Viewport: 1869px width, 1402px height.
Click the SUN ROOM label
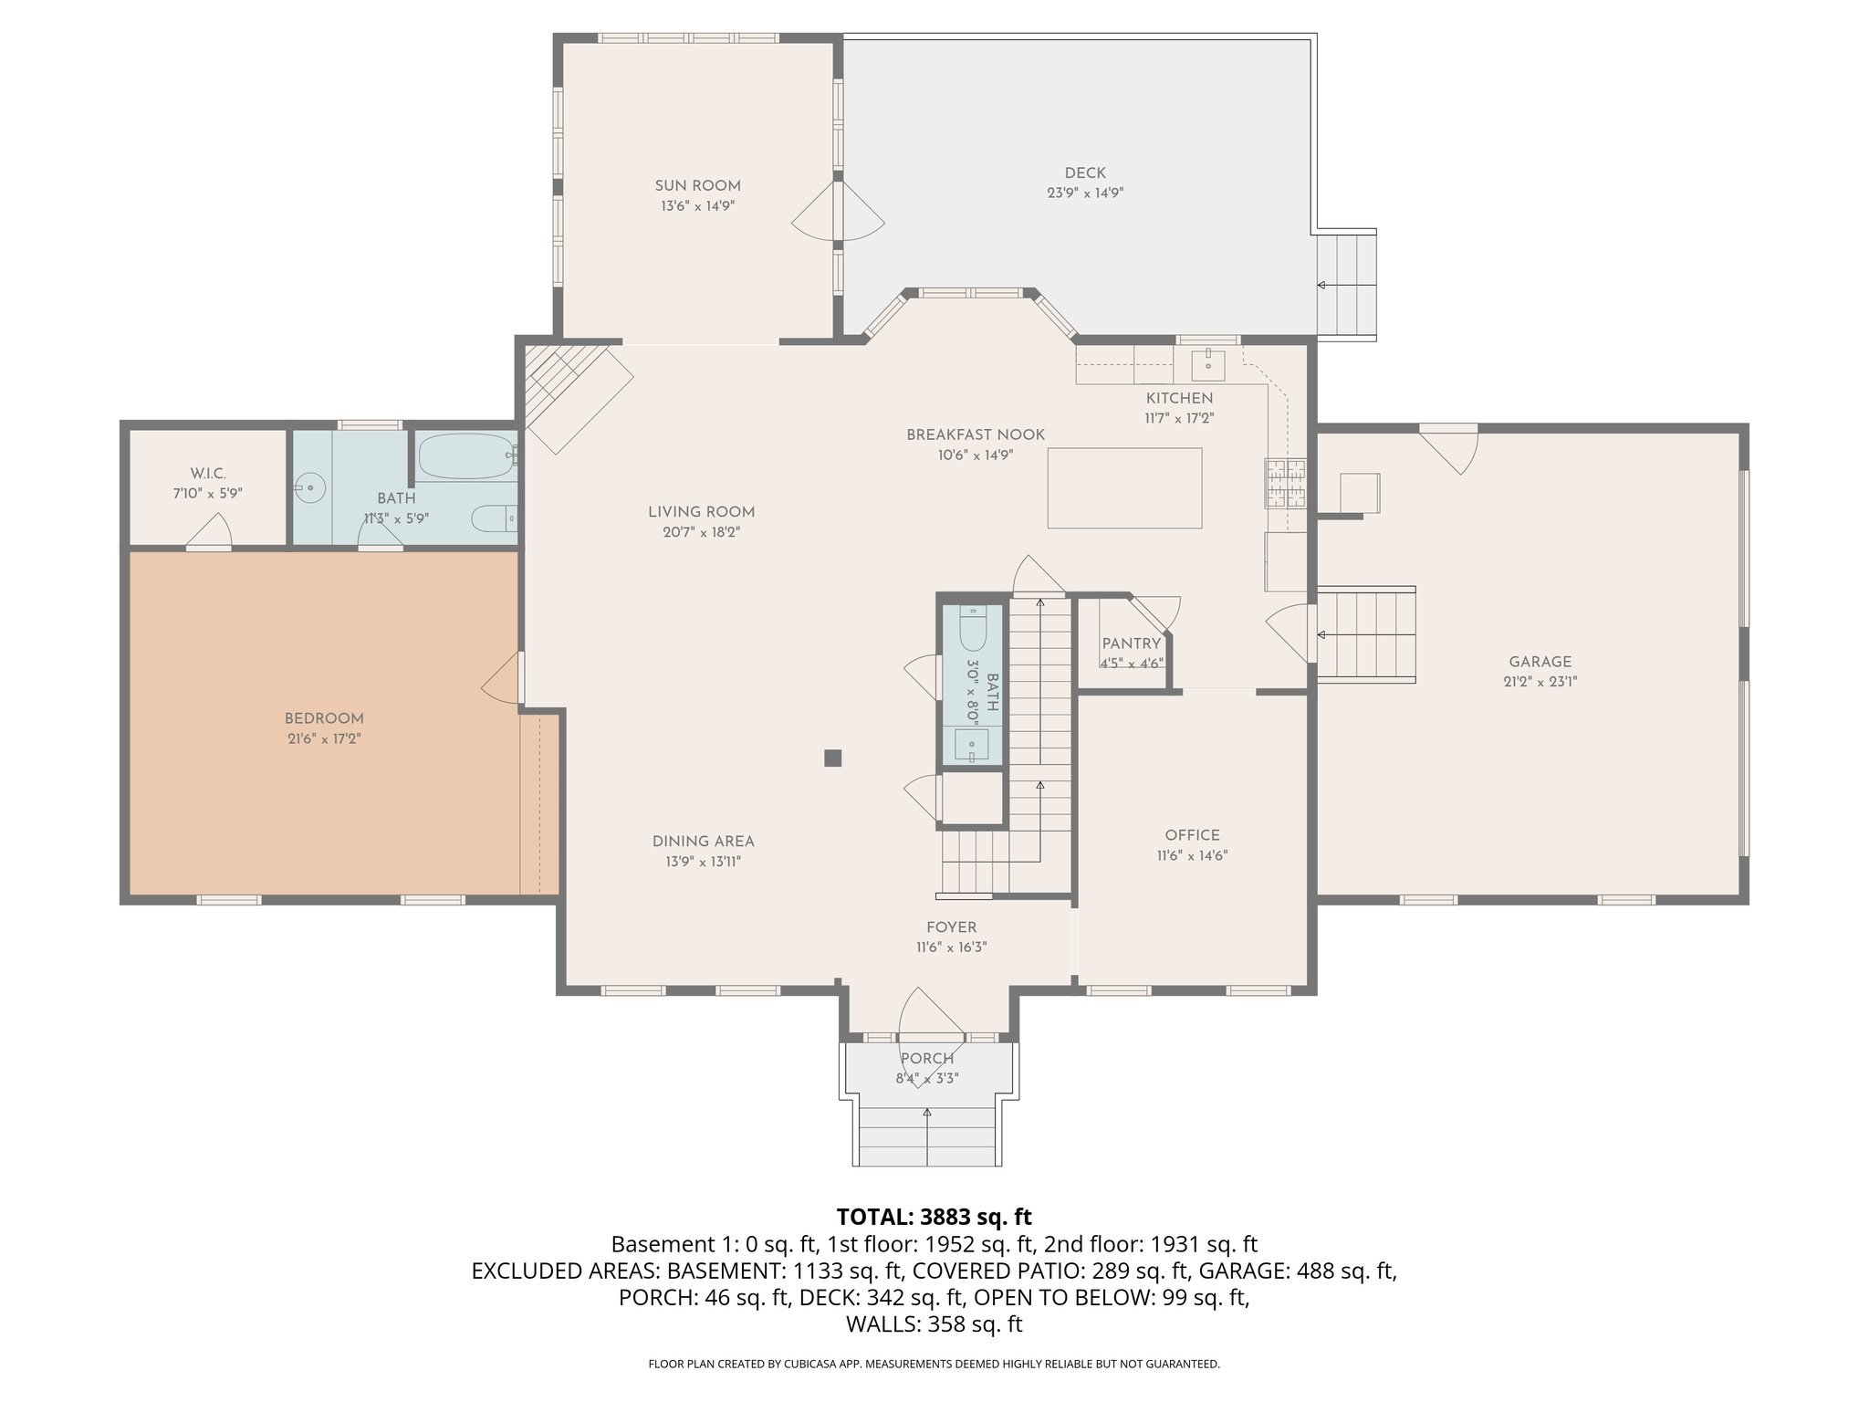[697, 186]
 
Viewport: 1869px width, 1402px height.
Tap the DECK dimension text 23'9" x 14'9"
[1084, 194]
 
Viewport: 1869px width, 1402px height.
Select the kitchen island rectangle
[1124, 487]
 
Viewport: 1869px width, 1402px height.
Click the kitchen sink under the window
[1209, 363]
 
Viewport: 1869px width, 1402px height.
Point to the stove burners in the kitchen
[1285, 484]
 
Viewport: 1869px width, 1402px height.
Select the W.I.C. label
[208, 473]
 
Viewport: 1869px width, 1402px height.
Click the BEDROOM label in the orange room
[324, 718]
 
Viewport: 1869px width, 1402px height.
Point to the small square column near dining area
[832, 758]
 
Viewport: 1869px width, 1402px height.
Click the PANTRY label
[1131, 643]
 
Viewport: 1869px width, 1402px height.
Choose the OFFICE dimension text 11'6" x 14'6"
[1192, 856]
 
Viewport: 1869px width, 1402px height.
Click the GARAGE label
[1540, 662]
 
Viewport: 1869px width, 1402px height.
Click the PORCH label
[927, 1059]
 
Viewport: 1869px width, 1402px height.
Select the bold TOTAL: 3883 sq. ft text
[934, 1217]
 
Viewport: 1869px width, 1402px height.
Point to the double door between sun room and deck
[838, 212]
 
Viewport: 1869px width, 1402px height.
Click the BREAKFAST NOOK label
[975, 434]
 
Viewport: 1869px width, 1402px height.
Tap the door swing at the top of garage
[1457, 450]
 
